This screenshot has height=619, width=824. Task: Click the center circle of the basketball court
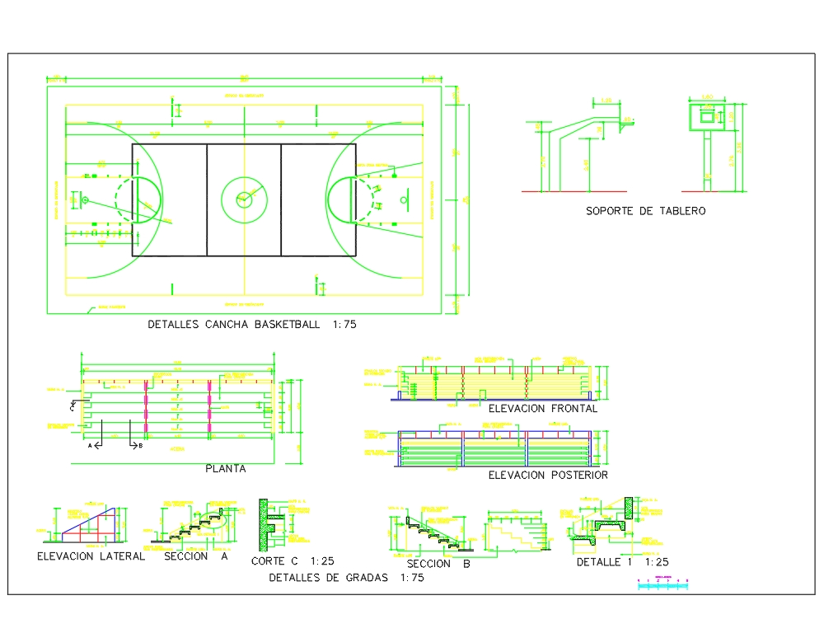(x=243, y=199)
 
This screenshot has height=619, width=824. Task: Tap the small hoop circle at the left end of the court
(x=85, y=199)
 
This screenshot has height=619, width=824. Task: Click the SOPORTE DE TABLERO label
(x=645, y=211)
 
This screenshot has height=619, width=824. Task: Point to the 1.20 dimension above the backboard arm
(x=606, y=101)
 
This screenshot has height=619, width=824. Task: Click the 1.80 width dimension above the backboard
(x=706, y=97)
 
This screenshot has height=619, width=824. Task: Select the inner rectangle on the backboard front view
(x=705, y=116)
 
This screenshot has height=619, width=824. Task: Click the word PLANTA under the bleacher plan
(x=225, y=468)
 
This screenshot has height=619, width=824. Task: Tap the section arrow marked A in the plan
(x=96, y=445)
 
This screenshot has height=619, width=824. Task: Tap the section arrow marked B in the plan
(x=135, y=445)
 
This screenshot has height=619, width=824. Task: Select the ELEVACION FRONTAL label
(x=542, y=408)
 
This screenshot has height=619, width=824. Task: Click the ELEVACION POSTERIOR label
(x=548, y=475)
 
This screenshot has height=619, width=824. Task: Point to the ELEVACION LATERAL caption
(x=91, y=556)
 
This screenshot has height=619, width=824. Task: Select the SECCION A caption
(x=196, y=556)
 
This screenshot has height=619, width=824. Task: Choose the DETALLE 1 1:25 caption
(x=622, y=562)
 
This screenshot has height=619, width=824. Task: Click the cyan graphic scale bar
(x=663, y=584)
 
